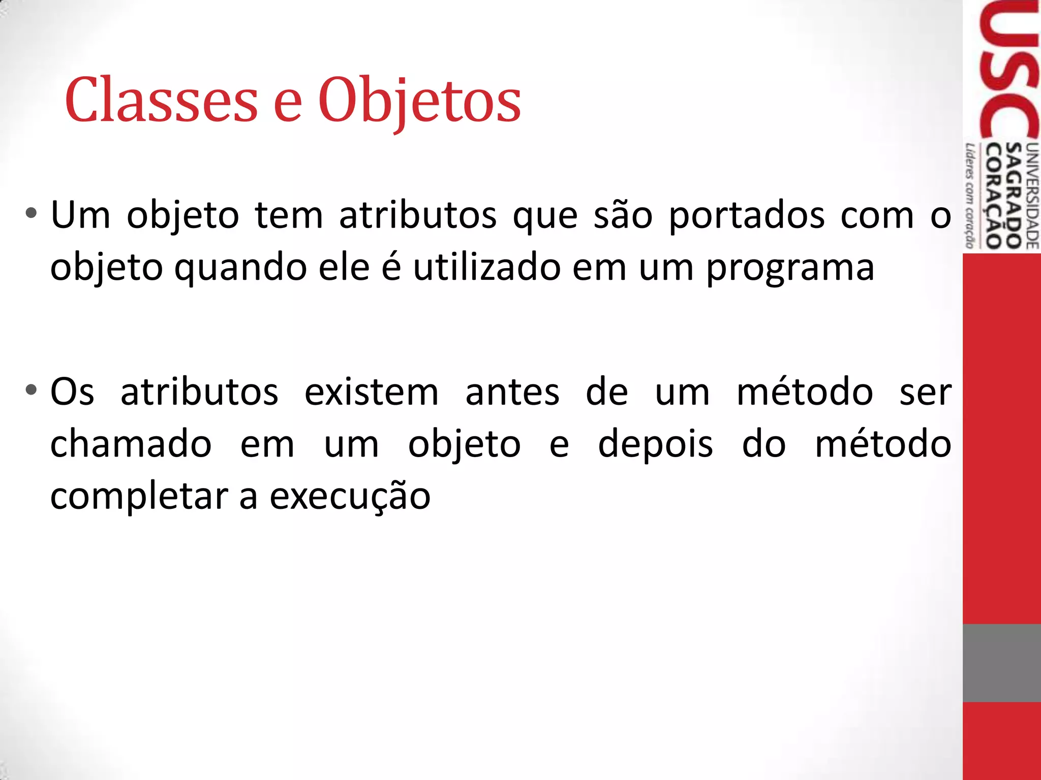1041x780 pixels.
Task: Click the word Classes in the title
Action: tap(162, 100)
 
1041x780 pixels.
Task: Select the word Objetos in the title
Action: tap(419, 100)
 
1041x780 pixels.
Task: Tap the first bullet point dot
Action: tap(32, 213)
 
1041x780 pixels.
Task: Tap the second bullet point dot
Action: tap(32, 390)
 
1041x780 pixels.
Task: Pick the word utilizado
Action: tap(486, 267)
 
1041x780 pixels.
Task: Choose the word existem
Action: tap(372, 392)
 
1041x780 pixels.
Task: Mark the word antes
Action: tap(512, 393)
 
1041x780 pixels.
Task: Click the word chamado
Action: tap(131, 444)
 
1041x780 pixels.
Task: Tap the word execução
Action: tap(350, 497)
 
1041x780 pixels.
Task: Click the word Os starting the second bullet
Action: tap(72, 392)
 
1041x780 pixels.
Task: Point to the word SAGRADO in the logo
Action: tap(1014, 195)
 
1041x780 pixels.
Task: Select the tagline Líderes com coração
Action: tap(970, 196)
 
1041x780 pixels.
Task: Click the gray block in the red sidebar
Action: tap(1001, 663)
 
